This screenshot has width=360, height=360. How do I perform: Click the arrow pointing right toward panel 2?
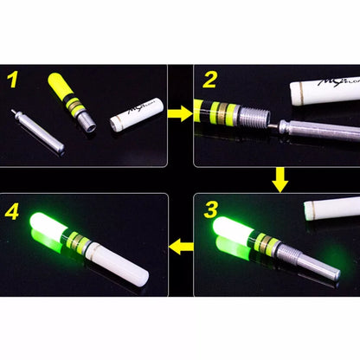[178, 112]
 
